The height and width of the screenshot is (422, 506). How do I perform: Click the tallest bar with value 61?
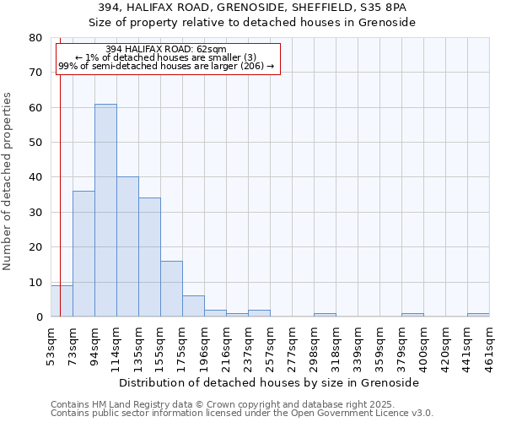click(105, 211)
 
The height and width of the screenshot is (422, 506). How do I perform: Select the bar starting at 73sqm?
click(83, 254)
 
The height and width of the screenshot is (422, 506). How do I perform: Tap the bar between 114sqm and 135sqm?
click(127, 247)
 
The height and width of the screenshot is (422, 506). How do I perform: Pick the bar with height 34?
click(149, 257)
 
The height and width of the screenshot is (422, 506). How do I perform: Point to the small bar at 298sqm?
click(325, 315)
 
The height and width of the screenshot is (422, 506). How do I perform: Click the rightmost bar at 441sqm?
click(478, 315)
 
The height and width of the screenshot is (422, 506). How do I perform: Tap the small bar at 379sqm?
click(412, 315)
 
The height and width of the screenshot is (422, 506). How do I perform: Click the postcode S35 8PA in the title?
click(385, 7)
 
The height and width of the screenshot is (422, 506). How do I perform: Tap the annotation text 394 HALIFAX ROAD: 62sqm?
click(166, 49)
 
